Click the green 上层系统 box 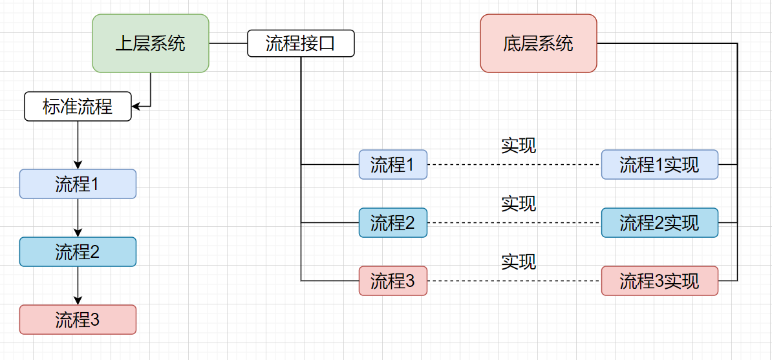pos(150,43)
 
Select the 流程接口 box pos(301,43)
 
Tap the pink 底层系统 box pos(538,43)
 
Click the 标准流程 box pos(78,107)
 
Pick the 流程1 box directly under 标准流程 pos(78,184)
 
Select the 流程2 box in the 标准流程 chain pos(78,252)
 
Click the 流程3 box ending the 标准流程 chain pos(78,319)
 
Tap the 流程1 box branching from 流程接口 pos(392,165)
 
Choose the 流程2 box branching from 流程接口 pos(392,223)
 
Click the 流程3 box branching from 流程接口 pos(392,281)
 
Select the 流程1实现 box pos(659,165)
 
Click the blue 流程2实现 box pos(659,223)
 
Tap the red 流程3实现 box pos(659,281)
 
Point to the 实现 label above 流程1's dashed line pos(519,145)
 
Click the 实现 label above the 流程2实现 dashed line pos(519,204)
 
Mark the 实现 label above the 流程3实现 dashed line pos(519,262)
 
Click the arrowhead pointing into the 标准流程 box pos(135,106)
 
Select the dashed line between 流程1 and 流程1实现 pos(514,165)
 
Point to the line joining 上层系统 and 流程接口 pos(228,43)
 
